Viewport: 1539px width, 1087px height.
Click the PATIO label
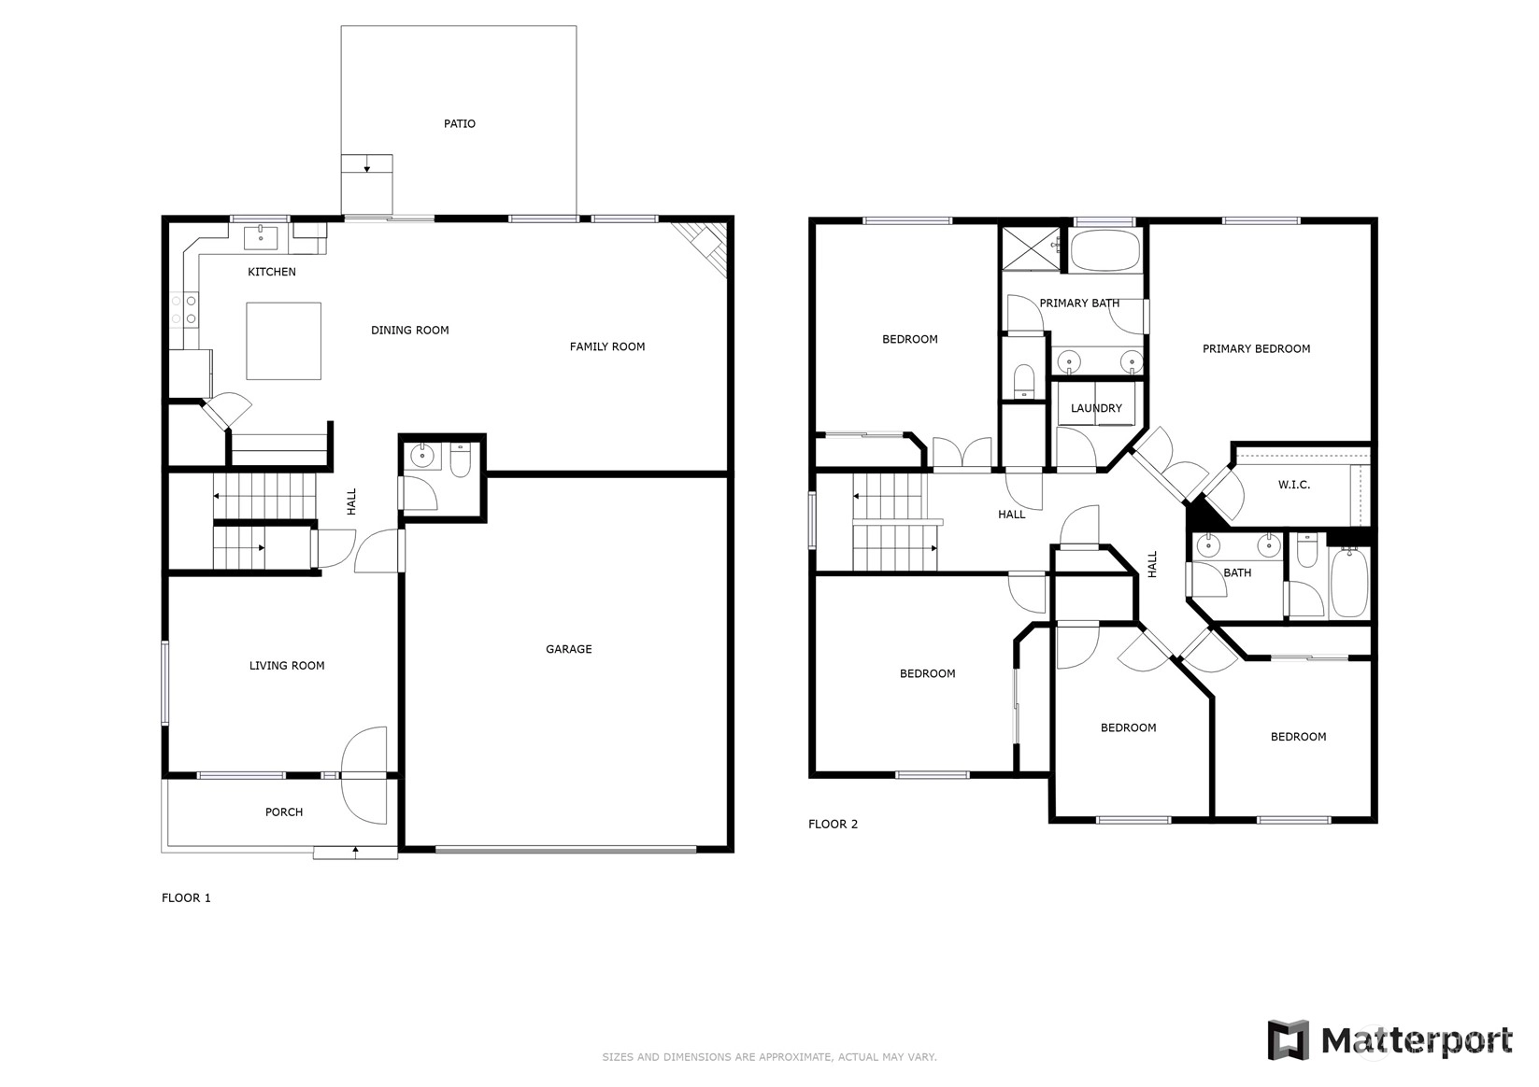[x=459, y=123]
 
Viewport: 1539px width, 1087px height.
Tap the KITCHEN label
[x=271, y=272]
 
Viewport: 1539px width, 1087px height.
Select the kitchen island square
[x=284, y=341]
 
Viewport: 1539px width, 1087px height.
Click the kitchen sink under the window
[x=261, y=237]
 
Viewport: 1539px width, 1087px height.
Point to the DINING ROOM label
[x=409, y=331]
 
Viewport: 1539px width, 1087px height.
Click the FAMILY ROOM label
[x=607, y=346]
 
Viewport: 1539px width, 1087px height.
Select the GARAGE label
[x=568, y=649]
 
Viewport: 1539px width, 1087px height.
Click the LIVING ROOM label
[x=287, y=666]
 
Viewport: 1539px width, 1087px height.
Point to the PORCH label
[x=284, y=812]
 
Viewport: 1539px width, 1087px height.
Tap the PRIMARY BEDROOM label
[x=1256, y=349]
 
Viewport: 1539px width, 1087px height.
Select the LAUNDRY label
[x=1096, y=408]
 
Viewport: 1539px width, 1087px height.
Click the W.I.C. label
[x=1294, y=485]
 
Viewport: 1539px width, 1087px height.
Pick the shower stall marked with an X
[x=1031, y=247]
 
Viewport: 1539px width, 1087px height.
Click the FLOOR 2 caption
[x=833, y=824]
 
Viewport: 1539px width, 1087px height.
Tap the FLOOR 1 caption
[x=186, y=897]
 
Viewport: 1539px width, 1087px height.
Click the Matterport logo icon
[x=1289, y=1039]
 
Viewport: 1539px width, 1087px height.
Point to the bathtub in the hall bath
[x=1349, y=583]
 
